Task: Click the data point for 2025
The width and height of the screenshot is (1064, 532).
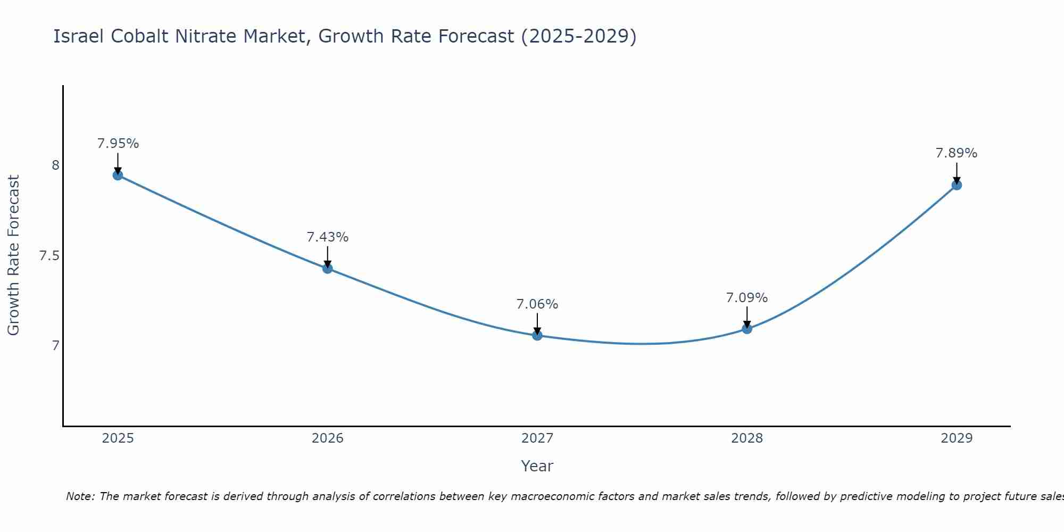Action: tap(118, 175)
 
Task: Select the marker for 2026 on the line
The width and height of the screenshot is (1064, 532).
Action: tap(328, 269)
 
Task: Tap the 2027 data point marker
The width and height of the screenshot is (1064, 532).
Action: tap(537, 335)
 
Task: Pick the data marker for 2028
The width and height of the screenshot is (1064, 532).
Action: tap(747, 329)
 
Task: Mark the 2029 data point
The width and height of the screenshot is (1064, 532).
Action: tap(957, 185)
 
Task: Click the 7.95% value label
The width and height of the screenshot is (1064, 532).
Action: tap(118, 144)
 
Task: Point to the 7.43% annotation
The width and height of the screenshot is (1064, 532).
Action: tap(328, 237)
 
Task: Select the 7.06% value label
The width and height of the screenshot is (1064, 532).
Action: tap(537, 304)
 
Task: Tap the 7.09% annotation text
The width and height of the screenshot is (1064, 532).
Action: tap(747, 298)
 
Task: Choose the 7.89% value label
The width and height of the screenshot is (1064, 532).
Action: tap(957, 153)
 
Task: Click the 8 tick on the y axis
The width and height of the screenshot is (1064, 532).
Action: tap(55, 165)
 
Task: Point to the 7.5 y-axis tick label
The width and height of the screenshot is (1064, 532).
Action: tap(49, 256)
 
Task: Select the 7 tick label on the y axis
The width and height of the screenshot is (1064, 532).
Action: tap(55, 346)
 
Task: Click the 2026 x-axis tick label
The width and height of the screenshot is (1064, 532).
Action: tap(328, 438)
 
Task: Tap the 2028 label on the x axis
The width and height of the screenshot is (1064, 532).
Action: tap(747, 438)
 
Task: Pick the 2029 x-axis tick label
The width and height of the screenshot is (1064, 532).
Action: tap(957, 438)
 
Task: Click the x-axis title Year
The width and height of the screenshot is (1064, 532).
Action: tap(537, 466)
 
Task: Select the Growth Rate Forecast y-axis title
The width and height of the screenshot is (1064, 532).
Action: tap(13, 255)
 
